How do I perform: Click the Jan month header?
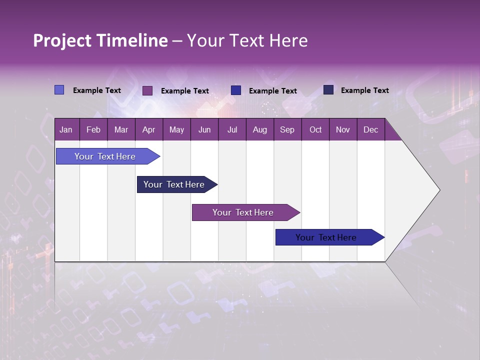click(x=66, y=129)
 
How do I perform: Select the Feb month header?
click(x=93, y=129)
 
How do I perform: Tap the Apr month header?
click(x=148, y=129)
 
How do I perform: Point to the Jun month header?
click(x=204, y=129)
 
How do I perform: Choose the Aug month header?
click(x=259, y=129)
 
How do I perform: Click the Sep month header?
click(x=287, y=129)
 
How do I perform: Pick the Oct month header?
click(x=315, y=129)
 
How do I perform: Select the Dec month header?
click(x=370, y=129)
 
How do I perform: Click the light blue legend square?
click(x=59, y=90)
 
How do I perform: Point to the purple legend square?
click(x=147, y=90)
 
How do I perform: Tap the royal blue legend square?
click(x=236, y=90)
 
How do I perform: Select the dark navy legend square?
click(x=328, y=90)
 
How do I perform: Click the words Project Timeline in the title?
click(x=100, y=40)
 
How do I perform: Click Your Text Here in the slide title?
click(x=247, y=40)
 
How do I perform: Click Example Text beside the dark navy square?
click(x=364, y=90)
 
